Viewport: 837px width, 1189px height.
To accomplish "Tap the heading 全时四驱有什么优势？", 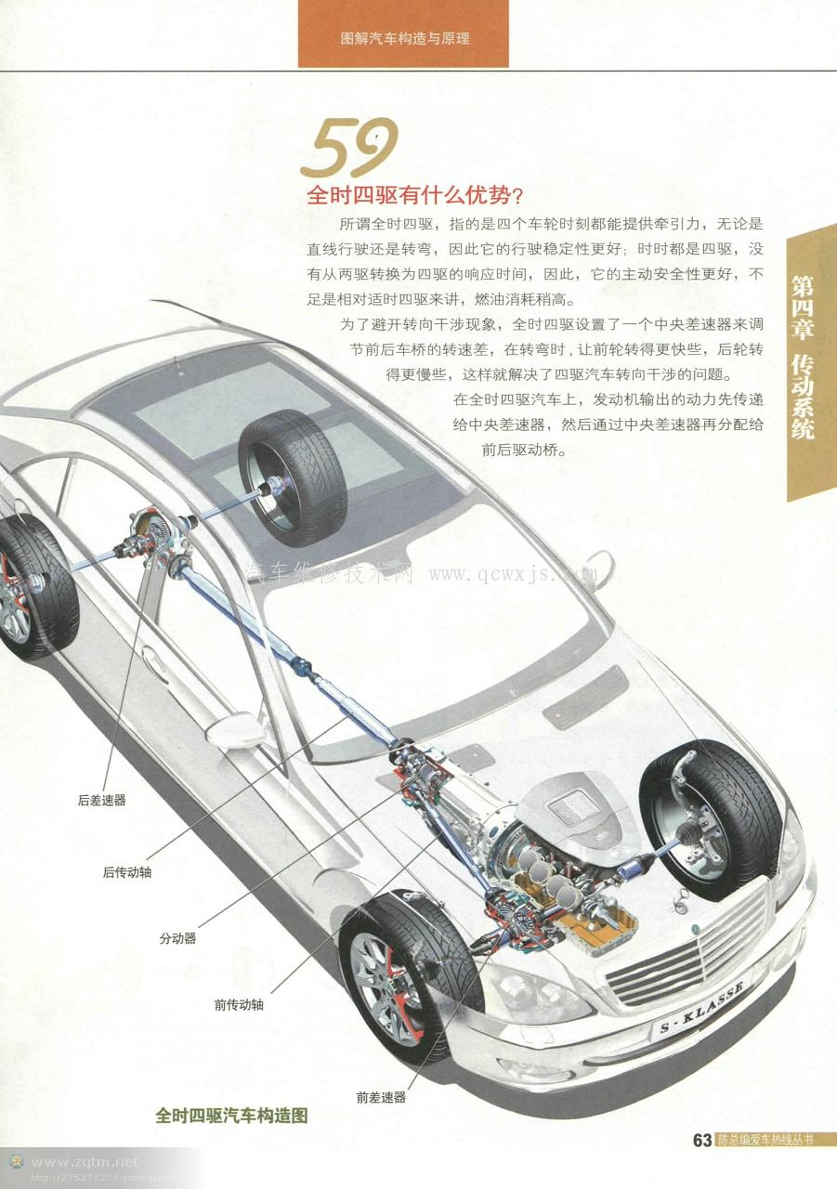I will (415, 196).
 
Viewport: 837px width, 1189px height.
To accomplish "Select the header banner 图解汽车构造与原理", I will (404, 39).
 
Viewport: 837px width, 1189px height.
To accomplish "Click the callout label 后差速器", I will (102, 800).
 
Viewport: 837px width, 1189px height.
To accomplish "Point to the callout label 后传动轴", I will (127, 872).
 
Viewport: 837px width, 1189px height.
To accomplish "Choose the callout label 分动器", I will (177, 938).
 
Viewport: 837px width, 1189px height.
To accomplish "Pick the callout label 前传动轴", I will (239, 1004).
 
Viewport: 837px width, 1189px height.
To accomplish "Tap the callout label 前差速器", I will (381, 1097).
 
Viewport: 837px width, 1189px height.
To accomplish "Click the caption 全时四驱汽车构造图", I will (231, 1117).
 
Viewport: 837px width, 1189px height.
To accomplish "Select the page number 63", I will (701, 1140).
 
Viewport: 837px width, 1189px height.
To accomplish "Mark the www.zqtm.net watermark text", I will (84, 1161).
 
